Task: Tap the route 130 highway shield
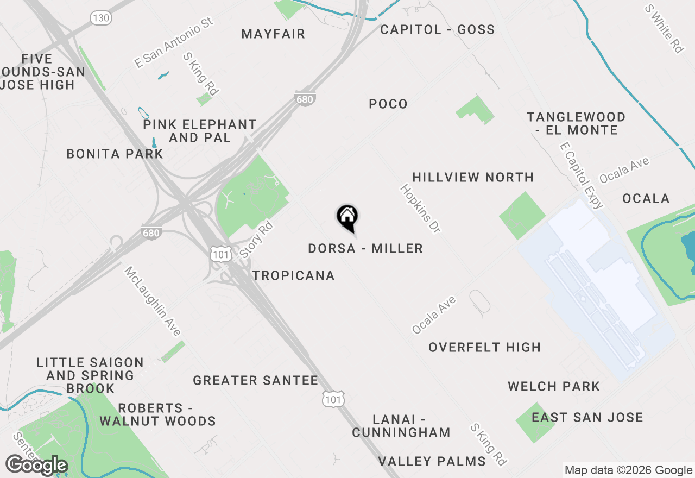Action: [102, 18]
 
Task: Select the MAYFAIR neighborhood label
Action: [273, 34]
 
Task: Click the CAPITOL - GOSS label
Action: [437, 30]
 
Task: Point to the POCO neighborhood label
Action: [388, 104]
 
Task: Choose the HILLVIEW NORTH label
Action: [473, 177]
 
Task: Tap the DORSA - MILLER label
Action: [365, 249]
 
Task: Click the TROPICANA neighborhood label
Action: [293, 276]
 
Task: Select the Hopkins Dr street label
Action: [420, 209]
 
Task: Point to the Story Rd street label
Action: [255, 240]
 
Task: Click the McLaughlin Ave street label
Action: [152, 301]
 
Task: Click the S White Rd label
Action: [664, 29]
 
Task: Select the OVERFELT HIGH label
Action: [484, 348]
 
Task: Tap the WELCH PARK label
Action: [554, 387]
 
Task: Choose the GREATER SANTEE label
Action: [255, 381]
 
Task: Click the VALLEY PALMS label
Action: [432, 462]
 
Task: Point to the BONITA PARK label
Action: [115, 154]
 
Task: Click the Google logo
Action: [36, 466]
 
